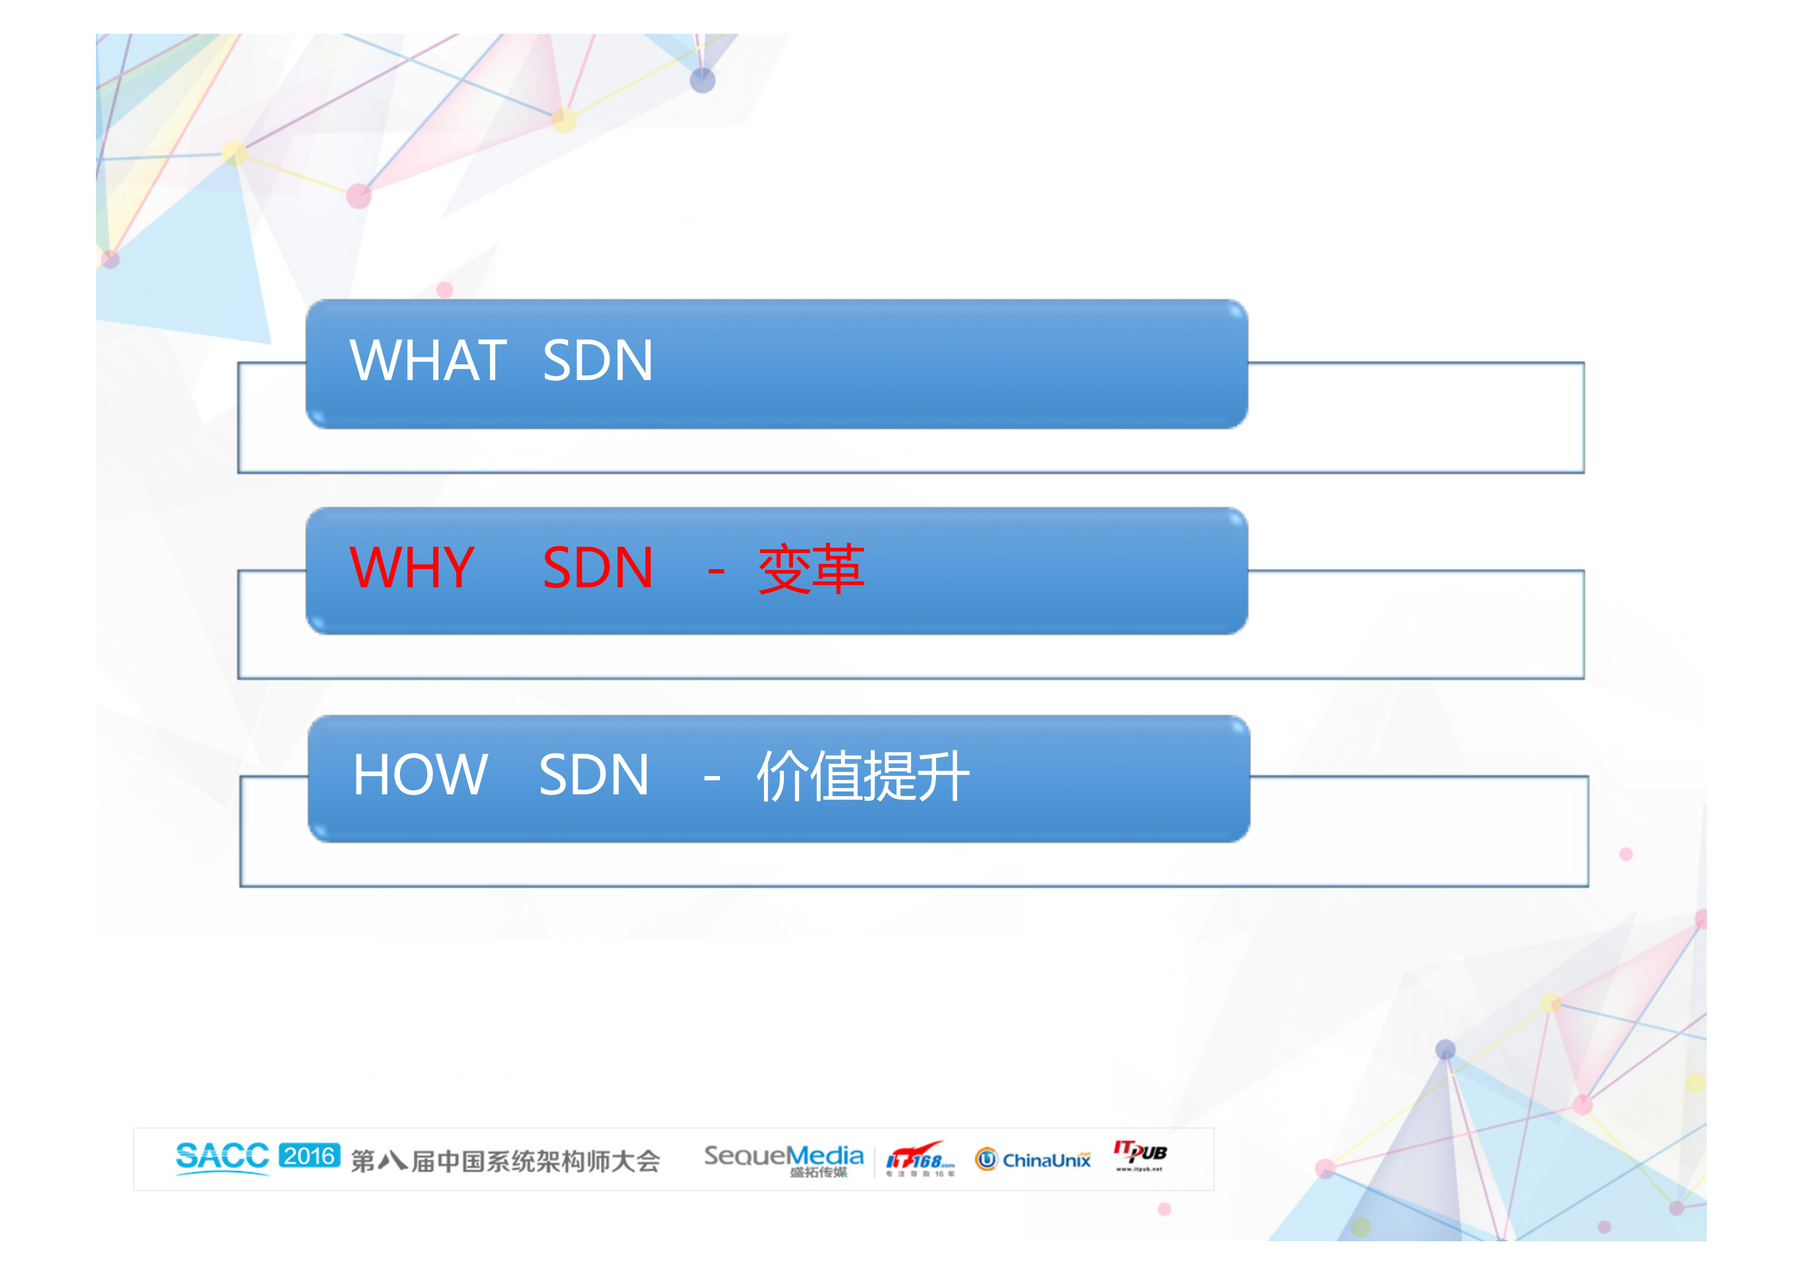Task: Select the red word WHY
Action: (412, 568)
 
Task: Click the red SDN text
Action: (598, 568)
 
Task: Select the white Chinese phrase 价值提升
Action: (863, 777)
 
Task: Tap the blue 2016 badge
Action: (309, 1155)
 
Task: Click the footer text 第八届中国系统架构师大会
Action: (504, 1161)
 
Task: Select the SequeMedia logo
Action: (783, 1159)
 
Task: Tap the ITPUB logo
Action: (1139, 1155)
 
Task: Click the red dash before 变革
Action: (715, 569)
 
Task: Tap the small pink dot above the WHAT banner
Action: (444, 290)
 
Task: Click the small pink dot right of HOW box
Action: (1626, 854)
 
